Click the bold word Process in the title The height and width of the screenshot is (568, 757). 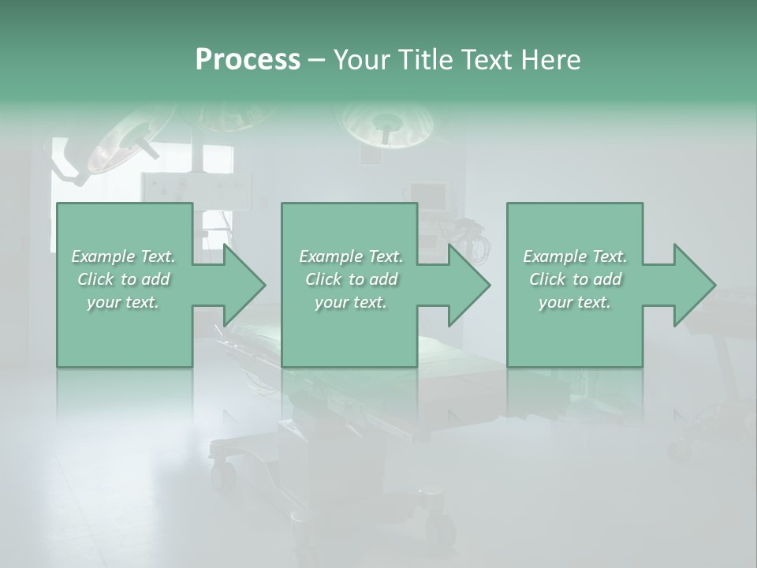(248, 60)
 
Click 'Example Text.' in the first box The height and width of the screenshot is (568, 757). (124, 256)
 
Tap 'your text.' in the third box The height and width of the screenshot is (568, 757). (575, 302)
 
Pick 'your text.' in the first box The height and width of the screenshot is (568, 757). (124, 302)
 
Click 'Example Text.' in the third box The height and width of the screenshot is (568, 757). (575, 256)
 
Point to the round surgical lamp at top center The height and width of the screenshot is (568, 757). (387, 124)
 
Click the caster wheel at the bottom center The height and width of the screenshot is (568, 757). (442, 529)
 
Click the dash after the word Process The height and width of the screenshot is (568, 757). (316, 60)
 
